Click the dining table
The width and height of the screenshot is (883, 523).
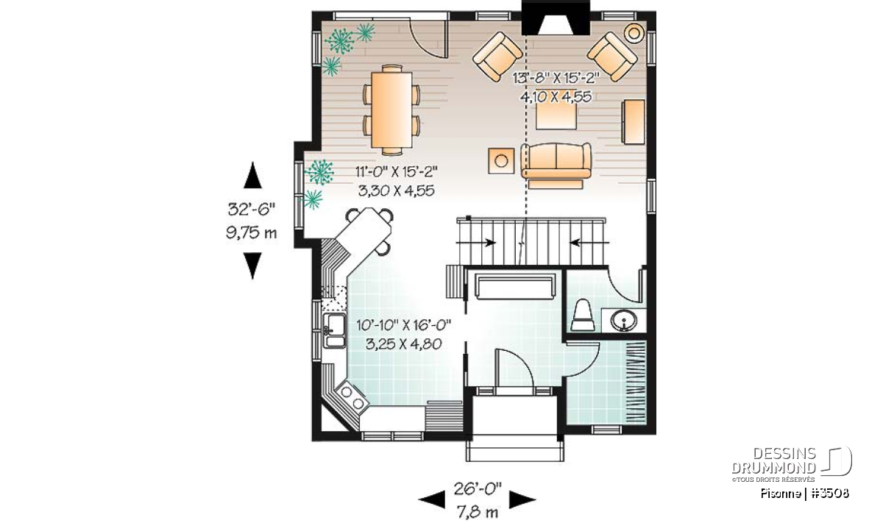tap(391, 110)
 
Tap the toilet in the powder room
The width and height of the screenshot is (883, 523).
tap(583, 315)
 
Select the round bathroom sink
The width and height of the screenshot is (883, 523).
tap(624, 321)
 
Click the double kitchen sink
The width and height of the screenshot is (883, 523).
tap(334, 330)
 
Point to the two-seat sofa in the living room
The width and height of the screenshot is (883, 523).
tap(556, 161)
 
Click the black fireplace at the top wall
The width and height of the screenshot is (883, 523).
tap(556, 18)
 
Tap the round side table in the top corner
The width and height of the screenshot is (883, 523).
tap(634, 32)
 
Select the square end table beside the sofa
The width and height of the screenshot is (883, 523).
tap(501, 161)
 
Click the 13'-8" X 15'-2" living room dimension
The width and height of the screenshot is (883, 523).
tap(556, 78)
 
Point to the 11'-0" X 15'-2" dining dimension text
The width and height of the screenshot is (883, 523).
tap(397, 172)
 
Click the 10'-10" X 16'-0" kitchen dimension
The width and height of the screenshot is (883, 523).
tap(403, 326)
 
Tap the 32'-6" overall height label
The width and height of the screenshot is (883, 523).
tap(251, 209)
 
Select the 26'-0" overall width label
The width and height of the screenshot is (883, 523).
tap(478, 489)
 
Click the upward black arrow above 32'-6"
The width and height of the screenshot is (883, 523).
tap(252, 175)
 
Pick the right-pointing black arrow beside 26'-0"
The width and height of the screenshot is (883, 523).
tap(522, 499)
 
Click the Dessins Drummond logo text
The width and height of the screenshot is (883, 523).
tap(773, 460)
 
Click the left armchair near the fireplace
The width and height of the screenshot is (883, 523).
tap(497, 57)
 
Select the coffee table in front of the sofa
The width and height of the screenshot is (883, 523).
tap(556, 117)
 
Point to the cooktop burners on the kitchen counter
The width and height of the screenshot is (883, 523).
tap(352, 398)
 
